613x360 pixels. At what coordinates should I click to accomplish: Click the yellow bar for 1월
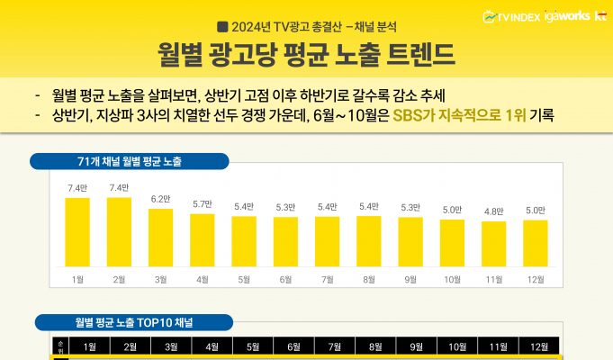pyautogui.click(x=77, y=231)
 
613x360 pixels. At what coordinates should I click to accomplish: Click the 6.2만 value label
pyautogui.click(x=160, y=199)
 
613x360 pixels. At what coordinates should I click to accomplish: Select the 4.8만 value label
pyautogui.click(x=492, y=211)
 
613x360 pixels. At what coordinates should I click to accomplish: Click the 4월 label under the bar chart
pyautogui.click(x=202, y=280)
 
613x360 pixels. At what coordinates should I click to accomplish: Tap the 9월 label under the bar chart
pyautogui.click(x=410, y=280)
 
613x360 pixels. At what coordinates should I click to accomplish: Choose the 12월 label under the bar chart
pyautogui.click(x=535, y=280)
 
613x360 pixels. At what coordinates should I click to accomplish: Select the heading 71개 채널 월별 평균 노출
pyautogui.click(x=130, y=161)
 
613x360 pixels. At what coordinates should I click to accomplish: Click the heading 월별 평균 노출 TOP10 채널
pyautogui.click(x=134, y=322)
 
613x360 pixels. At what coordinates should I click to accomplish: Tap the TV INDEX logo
pyautogui.click(x=511, y=15)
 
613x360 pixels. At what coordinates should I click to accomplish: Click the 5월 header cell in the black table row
pyautogui.click(x=253, y=346)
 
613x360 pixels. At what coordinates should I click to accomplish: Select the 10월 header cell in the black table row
pyautogui.click(x=458, y=346)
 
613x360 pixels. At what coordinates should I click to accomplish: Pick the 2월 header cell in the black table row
pyautogui.click(x=130, y=346)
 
